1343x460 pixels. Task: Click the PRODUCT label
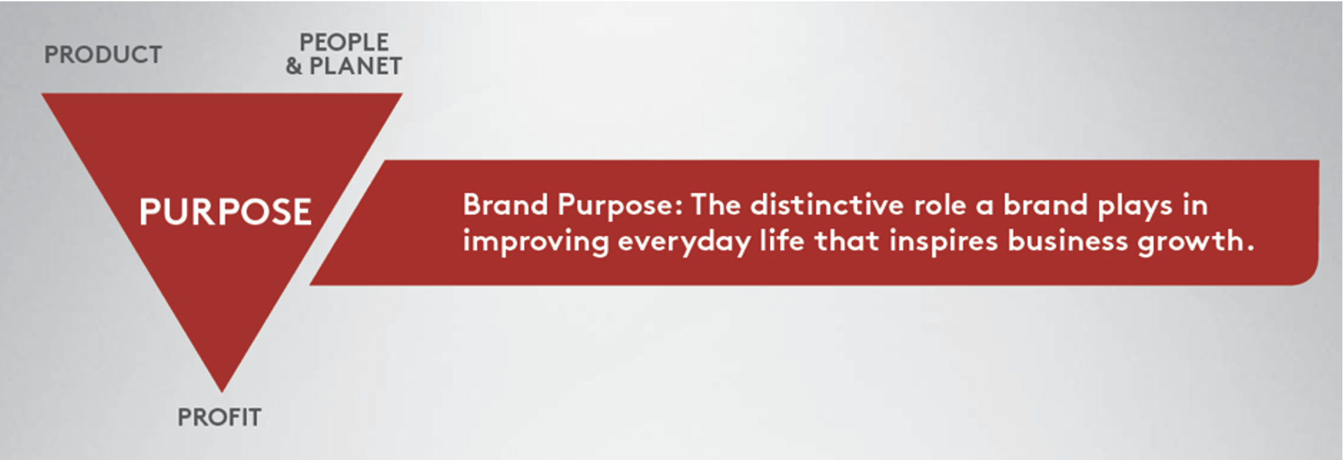[x=103, y=55]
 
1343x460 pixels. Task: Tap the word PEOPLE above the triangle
[x=344, y=42]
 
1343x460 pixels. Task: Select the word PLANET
[x=355, y=66]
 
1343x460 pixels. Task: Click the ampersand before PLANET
[x=294, y=66]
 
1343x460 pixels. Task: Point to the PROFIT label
[x=219, y=417]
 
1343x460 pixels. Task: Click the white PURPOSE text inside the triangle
[x=225, y=212]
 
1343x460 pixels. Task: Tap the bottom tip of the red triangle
[x=222, y=392]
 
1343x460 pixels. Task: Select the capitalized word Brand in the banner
[x=505, y=204]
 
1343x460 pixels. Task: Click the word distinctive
[x=827, y=204]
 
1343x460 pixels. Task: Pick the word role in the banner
[x=940, y=206]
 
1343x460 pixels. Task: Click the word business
[x=1067, y=241]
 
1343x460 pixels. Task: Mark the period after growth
[x=1249, y=249]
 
